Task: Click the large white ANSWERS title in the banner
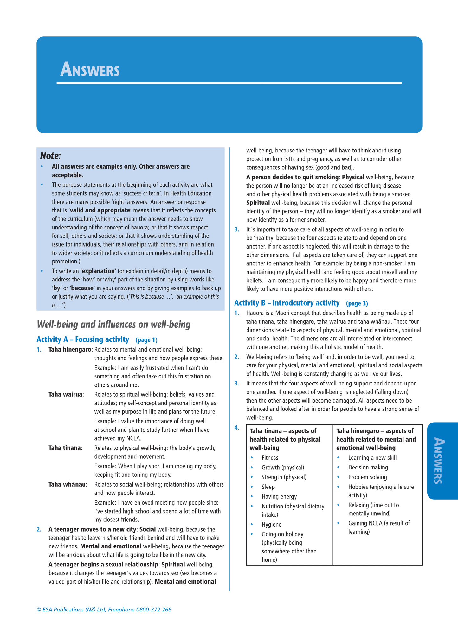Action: click(x=90, y=70)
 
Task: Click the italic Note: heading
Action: click(x=50, y=156)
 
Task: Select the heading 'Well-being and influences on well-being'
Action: click(x=114, y=325)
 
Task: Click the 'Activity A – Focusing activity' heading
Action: click(x=83, y=339)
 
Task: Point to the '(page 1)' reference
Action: click(x=146, y=340)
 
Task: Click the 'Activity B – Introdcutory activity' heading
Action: click(x=287, y=303)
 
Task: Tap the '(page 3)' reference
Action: click(x=357, y=304)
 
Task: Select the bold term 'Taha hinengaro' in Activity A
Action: click(x=70, y=350)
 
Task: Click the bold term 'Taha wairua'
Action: click(x=66, y=394)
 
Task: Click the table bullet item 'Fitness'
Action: click(x=270, y=458)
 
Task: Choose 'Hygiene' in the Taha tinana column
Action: click(x=272, y=525)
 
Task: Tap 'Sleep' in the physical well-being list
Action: click(x=268, y=487)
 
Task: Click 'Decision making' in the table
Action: click(x=368, y=467)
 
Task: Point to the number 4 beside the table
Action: click(x=237, y=428)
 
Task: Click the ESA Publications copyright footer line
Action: click(x=104, y=610)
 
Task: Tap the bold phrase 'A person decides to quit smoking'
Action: click(x=292, y=177)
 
